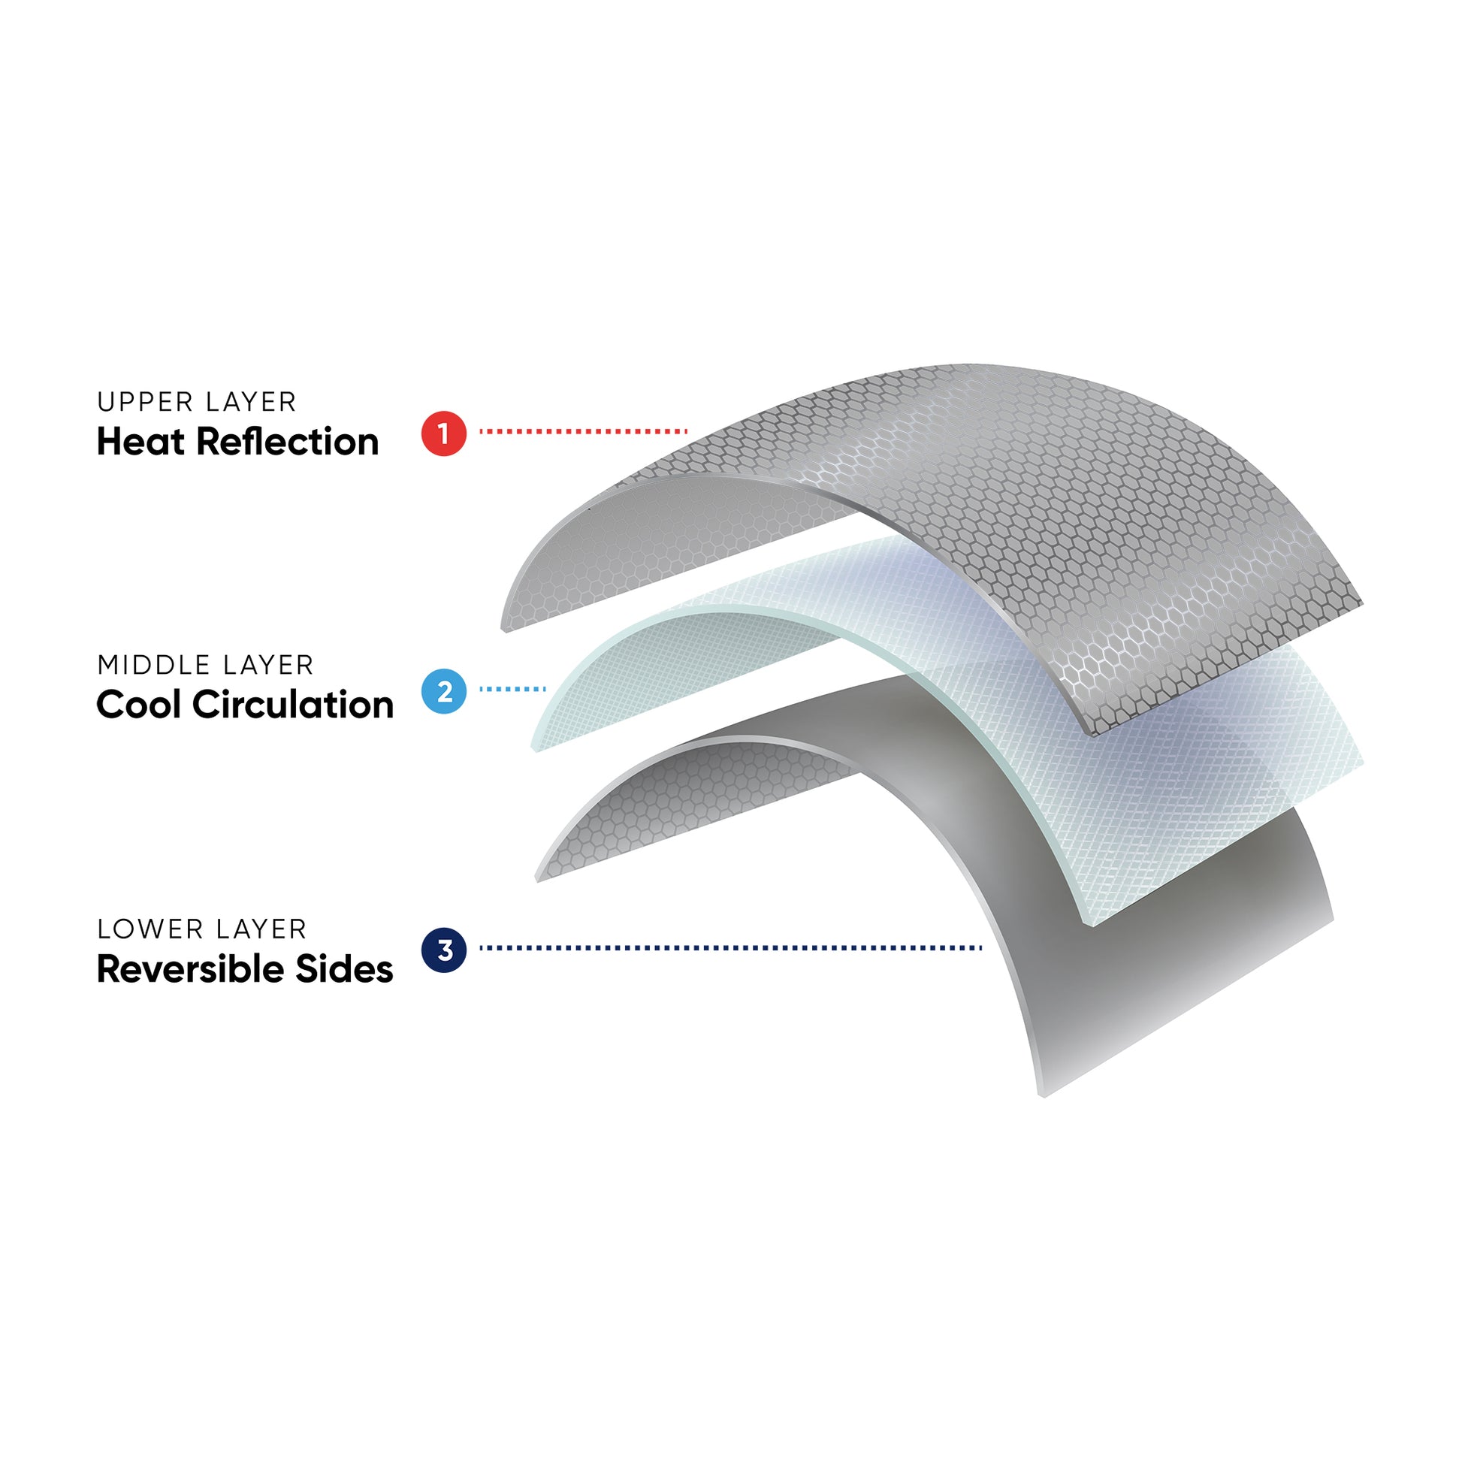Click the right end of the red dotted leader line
coord(686,431)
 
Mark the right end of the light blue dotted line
coord(544,690)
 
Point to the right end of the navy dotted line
coord(980,947)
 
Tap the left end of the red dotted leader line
coord(482,431)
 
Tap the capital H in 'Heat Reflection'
coord(109,442)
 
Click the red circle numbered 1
coord(443,433)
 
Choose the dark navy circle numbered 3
coord(443,950)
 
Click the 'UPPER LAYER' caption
coord(197,402)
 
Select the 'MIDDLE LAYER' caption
coord(205,665)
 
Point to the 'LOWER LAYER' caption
coord(202,929)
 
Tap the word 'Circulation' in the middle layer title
coord(293,705)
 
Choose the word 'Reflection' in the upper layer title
coord(288,442)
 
